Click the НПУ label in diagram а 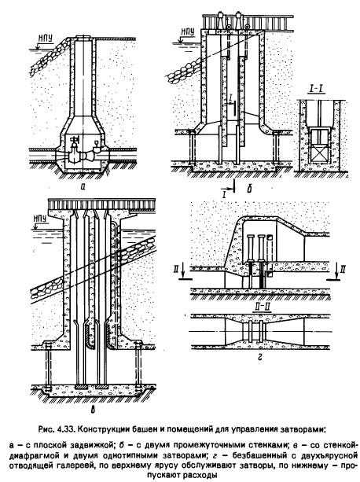click(45, 38)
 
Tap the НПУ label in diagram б click(188, 31)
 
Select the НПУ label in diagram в click(40, 219)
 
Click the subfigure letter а click(82, 186)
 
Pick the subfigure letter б click(249, 189)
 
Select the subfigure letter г click(260, 358)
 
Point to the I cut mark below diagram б click(228, 188)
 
